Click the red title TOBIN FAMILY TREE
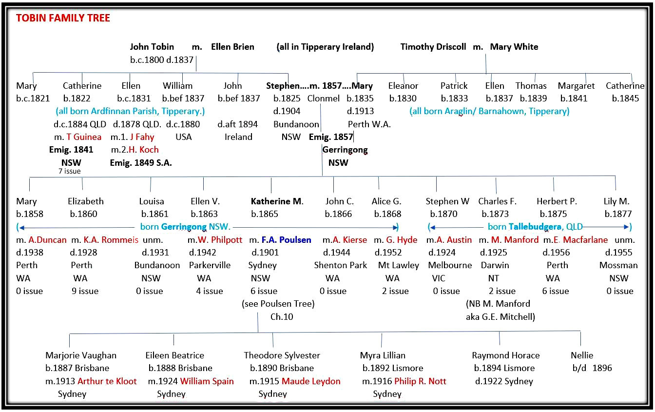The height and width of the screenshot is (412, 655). pyautogui.click(x=63, y=19)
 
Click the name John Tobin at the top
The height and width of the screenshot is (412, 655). pyautogui.click(x=152, y=47)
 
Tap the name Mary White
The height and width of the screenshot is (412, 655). pyautogui.click(x=514, y=47)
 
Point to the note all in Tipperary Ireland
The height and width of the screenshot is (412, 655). pyautogui.click(x=325, y=47)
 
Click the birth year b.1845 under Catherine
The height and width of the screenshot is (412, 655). pyautogui.click(x=625, y=98)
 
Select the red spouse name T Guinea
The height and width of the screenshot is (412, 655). pyautogui.click(x=84, y=137)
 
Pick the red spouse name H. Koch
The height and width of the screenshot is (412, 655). pyautogui.click(x=144, y=150)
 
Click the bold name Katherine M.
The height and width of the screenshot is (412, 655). pyautogui.click(x=277, y=201)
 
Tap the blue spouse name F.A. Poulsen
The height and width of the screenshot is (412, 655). pyautogui.click(x=283, y=239)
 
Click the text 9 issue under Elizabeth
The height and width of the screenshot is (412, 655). pyautogui.click(x=85, y=291)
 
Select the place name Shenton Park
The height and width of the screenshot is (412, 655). pyautogui.click(x=341, y=265)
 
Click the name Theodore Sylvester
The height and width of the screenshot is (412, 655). pyautogui.click(x=282, y=355)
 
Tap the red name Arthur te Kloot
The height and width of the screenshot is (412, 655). pyautogui.click(x=107, y=381)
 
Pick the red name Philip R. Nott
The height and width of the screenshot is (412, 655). pyautogui.click(x=420, y=381)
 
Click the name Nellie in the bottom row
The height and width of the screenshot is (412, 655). pyautogui.click(x=582, y=355)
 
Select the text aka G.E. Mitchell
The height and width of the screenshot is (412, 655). pyautogui.click(x=501, y=317)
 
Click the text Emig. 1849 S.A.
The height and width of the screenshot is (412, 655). pyautogui.click(x=141, y=163)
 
